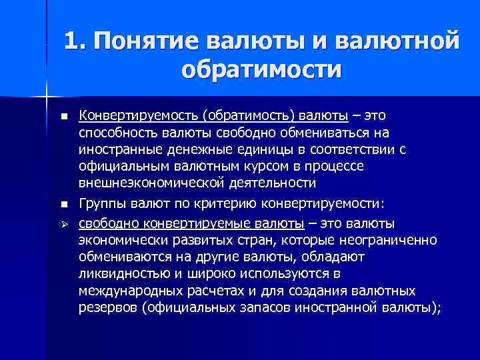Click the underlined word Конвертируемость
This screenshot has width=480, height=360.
click(139, 116)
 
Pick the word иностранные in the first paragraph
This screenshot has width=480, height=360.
click(117, 149)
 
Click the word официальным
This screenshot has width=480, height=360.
click(118, 165)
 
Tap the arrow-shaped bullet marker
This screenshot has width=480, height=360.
click(63, 222)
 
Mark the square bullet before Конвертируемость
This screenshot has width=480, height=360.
click(63, 117)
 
